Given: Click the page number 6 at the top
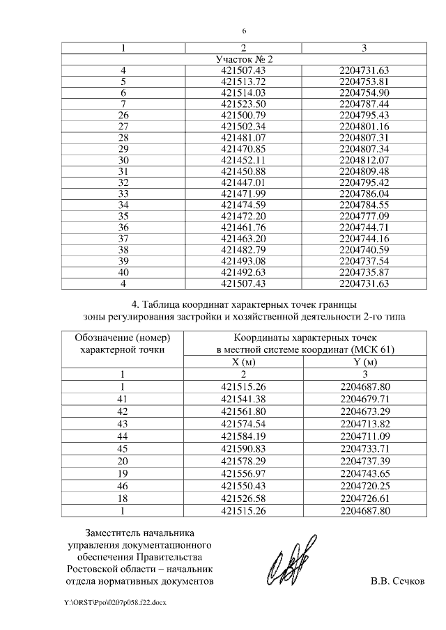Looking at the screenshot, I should (x=244, y=31).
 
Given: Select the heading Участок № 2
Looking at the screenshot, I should (x=244, y=59).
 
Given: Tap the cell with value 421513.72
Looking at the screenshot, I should (x=244, y=81).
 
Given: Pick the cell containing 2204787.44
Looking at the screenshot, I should (x=364, y=104).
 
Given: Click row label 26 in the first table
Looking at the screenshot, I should (x=124, y=115).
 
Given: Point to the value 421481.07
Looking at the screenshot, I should (x=244, y=137).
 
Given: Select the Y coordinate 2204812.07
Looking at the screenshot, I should (x=364, y=159).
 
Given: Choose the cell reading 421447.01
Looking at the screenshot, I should (x=244, y=182).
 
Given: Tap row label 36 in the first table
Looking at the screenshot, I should (x=124, y=226).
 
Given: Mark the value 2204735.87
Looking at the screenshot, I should (x=364, y=271).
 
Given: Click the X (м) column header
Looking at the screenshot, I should (x=244, y=362).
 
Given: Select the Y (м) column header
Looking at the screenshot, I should (x=364, y=362).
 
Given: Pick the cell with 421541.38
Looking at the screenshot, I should (x=244, y=398).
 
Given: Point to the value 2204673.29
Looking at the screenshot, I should (x=364, y=410).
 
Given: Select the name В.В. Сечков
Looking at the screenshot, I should (x=397, y=581).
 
